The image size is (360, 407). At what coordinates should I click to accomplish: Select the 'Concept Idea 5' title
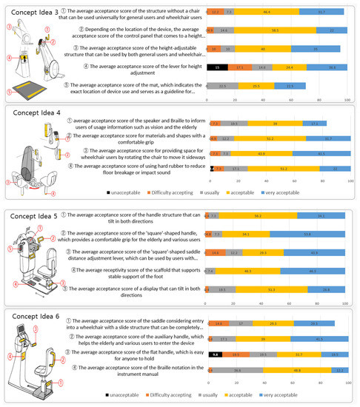click(33, 217)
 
